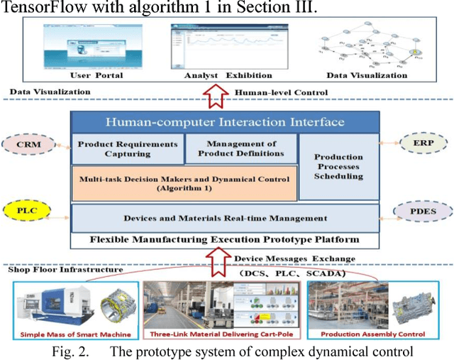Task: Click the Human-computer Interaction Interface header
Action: pos(225,122)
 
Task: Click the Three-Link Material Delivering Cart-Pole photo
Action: pos(222,305)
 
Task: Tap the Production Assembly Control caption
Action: pos(364,333)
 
